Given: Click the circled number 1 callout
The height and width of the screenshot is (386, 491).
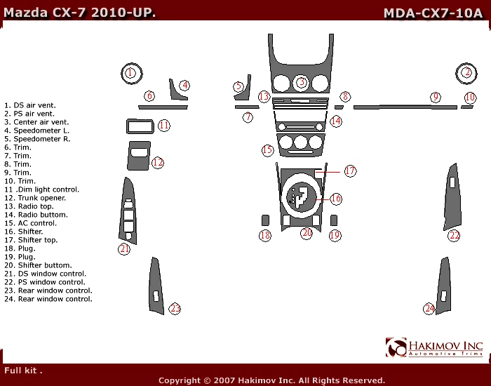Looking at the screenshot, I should [130, 72].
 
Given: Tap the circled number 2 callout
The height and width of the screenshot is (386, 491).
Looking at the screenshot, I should [466, 72].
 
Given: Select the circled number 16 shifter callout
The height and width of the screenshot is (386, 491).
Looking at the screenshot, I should [336, 199].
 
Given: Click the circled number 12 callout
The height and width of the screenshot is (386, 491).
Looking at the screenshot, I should [158, 163].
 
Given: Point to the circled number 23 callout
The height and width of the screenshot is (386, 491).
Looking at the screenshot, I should [175, 308].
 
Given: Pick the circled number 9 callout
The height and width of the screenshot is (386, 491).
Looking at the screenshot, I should [436, 97].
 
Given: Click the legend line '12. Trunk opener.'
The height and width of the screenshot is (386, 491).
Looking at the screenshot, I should [35, 198].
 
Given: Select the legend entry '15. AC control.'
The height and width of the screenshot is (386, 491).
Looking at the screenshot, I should [32, 223].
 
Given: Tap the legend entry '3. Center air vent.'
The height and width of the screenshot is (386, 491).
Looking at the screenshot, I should [36, 122].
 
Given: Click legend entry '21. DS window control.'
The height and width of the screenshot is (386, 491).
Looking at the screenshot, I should [45, 274].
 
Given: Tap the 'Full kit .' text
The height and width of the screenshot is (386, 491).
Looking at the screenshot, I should [24, 370].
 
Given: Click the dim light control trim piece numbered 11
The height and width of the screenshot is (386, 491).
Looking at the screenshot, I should [139, 126].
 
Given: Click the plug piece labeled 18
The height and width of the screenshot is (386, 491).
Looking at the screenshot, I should [265, 220].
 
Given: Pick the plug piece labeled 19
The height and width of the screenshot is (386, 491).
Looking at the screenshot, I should [334, 220].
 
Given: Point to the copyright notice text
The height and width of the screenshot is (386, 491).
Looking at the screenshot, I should [271, 380].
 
